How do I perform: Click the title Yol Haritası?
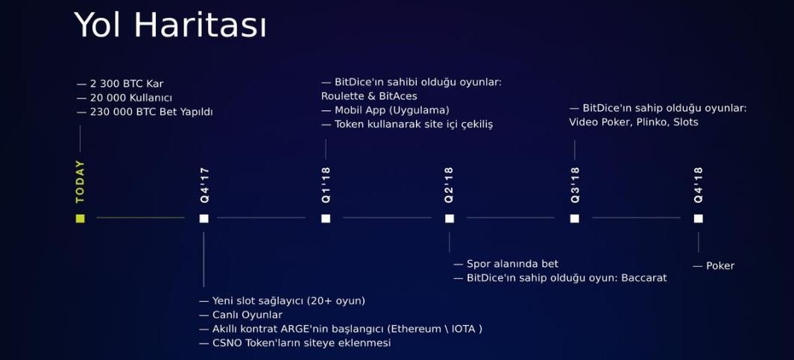170,25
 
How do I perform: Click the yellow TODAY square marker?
80,218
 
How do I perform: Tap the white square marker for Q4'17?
204,218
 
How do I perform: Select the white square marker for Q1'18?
326,218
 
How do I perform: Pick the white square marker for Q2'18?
449,218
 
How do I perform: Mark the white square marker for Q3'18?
574,218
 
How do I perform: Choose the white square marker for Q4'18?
699,218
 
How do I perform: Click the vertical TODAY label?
80,182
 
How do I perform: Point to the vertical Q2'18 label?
449,186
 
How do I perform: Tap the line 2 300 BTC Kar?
120,84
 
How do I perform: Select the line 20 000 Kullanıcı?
124,98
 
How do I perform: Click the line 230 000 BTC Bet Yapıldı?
145,112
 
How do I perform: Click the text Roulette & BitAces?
369,95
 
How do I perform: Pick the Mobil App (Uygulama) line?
385,110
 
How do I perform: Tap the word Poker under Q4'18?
720,266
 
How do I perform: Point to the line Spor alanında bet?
506,264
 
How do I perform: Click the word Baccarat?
645,278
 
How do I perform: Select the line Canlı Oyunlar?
241,315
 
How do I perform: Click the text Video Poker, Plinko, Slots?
634,122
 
